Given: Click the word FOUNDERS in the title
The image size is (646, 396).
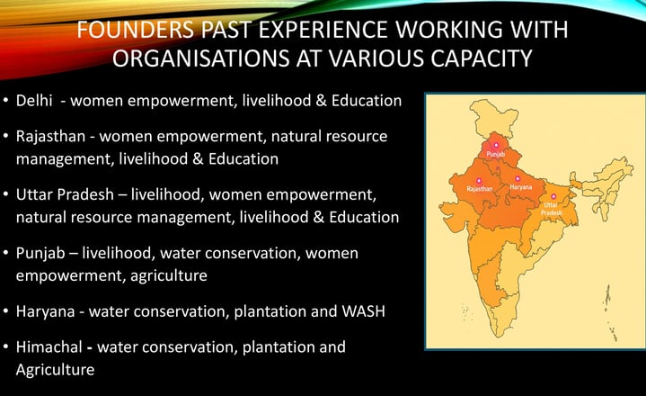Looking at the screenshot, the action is coord(135,30).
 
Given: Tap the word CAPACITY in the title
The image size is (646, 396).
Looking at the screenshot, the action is coord(482,58).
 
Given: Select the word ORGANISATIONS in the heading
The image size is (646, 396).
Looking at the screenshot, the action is coord(201,58).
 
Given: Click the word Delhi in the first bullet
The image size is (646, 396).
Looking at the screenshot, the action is coord(34,100).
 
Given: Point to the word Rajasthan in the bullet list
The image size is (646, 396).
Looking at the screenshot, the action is coord(50,136).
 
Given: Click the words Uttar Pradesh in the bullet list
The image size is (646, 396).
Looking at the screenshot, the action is coord(65,194).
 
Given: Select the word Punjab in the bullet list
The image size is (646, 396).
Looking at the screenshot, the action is coord(40,253).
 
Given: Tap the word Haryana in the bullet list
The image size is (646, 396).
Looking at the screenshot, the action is coord(45,311).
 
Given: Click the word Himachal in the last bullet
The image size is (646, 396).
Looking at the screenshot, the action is coord(49,346).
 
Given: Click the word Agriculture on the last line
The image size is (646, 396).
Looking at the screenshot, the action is coord(55,370).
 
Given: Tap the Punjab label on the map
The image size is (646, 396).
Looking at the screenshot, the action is coord(496,154).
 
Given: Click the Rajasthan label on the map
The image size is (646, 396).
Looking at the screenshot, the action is coord(480,189).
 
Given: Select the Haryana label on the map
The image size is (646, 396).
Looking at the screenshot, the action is coord(521,187).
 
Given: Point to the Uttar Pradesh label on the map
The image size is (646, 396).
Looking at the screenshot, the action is coord(552,209).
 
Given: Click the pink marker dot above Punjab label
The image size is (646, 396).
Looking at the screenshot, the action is coord(496,145).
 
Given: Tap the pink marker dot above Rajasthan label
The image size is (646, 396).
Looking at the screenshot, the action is coord(479,181).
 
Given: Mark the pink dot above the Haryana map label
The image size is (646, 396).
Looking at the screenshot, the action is coord(518,178).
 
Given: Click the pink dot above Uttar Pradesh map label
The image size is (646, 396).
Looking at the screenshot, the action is coord(553,196).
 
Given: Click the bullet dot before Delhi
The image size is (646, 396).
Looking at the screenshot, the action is coord(5,100).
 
